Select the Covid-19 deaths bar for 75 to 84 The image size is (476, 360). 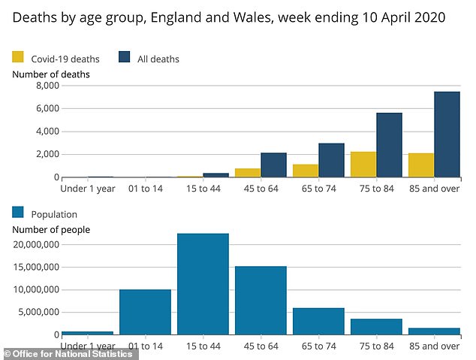tap(363, 165)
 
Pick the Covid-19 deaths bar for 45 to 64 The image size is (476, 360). tap(247, 173)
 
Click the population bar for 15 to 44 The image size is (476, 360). tap(203, 284)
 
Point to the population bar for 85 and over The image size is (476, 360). tap(434, 331)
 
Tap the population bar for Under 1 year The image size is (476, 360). tap(87, 333)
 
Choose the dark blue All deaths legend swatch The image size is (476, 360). tap(125, 56)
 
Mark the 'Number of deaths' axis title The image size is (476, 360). tap(51, 74)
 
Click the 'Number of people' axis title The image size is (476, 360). tap(51, 228)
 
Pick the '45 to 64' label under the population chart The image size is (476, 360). tap(261, 346)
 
